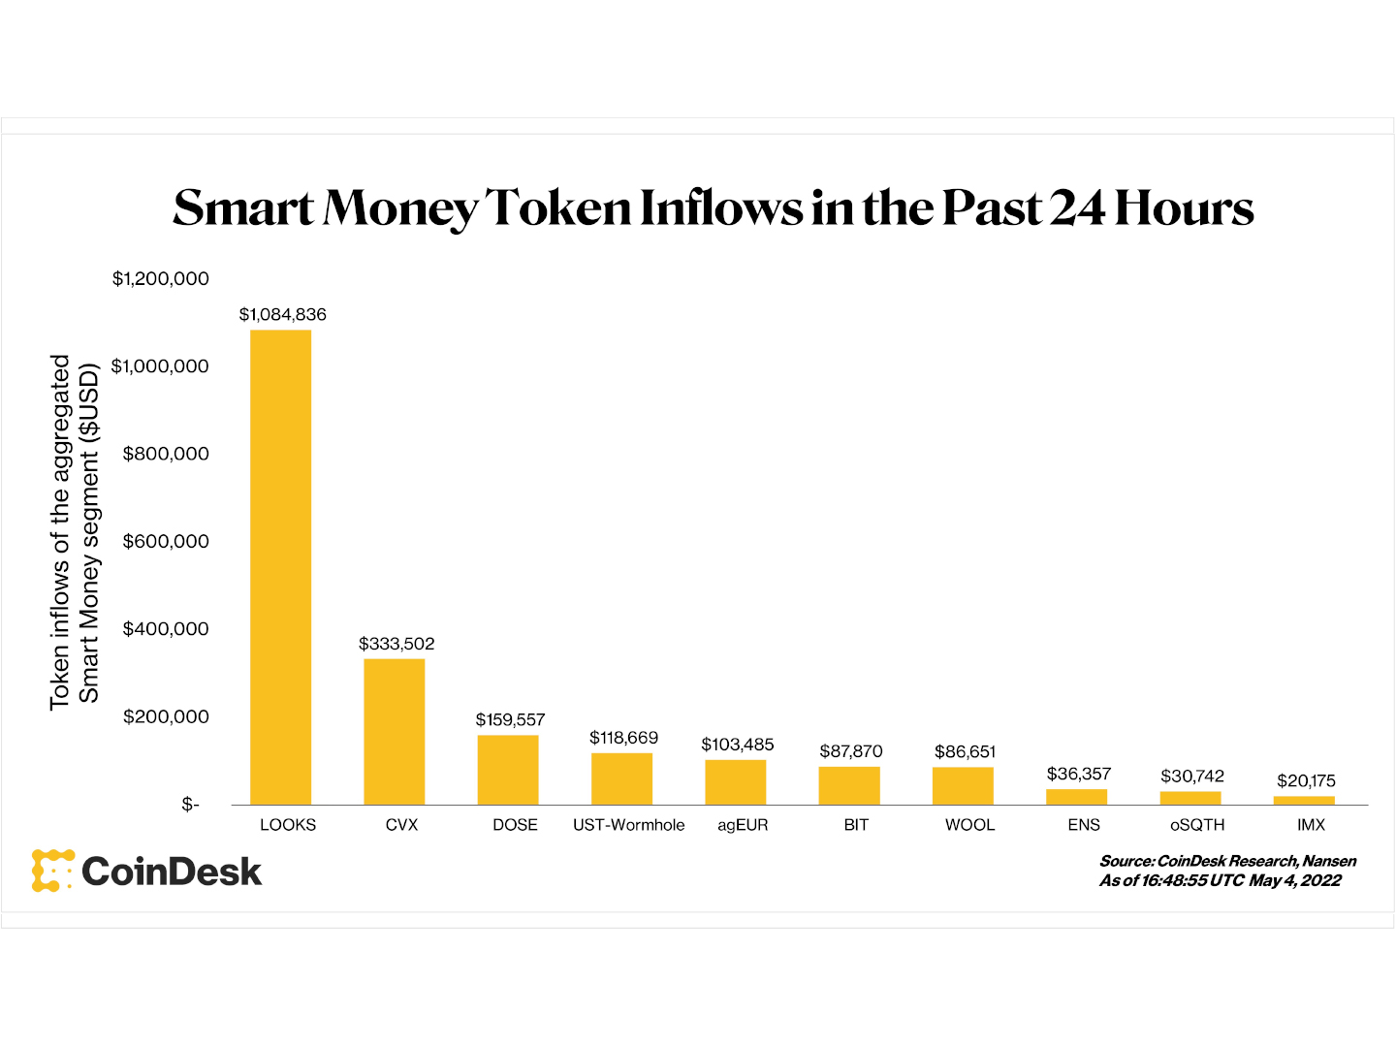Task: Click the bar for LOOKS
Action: click(x=281, y=567)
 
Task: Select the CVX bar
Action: click(x=395, y=732)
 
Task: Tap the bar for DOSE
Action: click(x=508, y=770)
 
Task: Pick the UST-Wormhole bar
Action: click(x=621, y=778)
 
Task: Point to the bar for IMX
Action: click(x=1304, y=801)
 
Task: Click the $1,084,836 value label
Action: click(x=283, y=314)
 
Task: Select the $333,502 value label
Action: click(x=397, y=644)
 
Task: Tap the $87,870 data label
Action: click(x=851, y=751)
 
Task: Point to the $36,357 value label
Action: click(x=1079, y=774)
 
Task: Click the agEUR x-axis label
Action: click(x=743, y=825)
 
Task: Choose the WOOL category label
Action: click(x=969, y=825)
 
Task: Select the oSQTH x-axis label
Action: click(x=1197, y=825)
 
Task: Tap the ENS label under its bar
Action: click(x=1084, y=825)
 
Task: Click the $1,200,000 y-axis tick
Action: click(x=161, y=279)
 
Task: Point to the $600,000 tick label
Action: click(x=166, y=541)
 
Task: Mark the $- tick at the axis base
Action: click(x=190, y=805)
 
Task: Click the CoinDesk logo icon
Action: click(x=52, y=871)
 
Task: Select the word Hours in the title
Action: click(x=1184, y=207)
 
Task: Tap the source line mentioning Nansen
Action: click(x=1227, y=861)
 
